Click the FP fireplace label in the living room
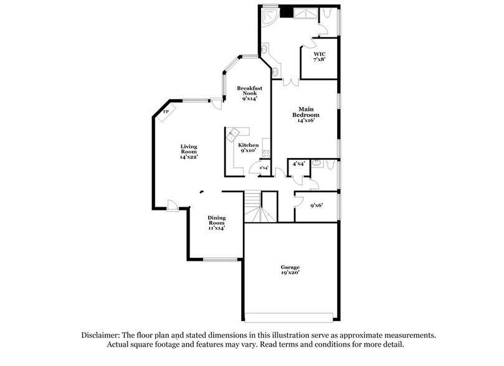point(166,112)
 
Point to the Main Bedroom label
point(307,115)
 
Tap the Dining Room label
point(216,222)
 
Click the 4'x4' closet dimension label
point(297,163)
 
